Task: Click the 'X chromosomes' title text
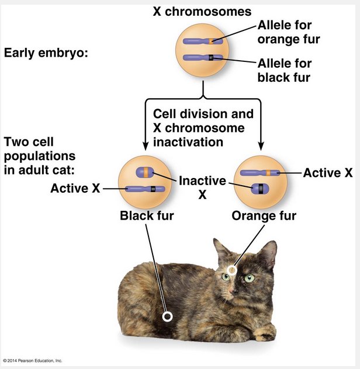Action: pyautogui.click(x=202, y=11)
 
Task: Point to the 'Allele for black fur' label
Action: pyautogui.click(x=285, y=69)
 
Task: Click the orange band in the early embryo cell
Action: pyautogui.click(x=213, y=41)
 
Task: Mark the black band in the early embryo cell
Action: pyautogui.click(x=212, y=57)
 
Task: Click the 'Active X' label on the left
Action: pyautogui.click(x=75, y=188)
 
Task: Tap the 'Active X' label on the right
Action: pyautogui.click(x=328, y=172)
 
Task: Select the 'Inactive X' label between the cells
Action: pyautogui.click(x=202, y=187)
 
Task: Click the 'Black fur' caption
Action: pyautogui.click(x=147, y=216)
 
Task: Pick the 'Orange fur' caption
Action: pyautogui.click(x=264, y=216)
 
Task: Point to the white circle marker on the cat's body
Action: pyautogui.click(x=167, y=316)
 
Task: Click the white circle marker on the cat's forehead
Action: pyautogui.click(x=232, y=270)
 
